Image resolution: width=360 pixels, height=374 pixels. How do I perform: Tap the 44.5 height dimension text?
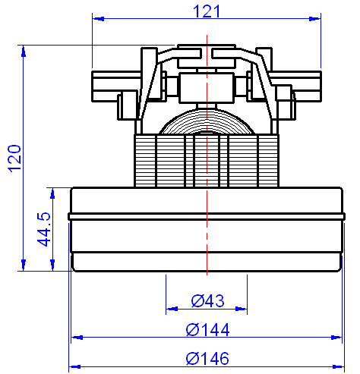pyautogui.click(x=44, y=228)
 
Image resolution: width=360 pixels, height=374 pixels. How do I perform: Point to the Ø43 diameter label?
pyautogui.click(x=207, y=301)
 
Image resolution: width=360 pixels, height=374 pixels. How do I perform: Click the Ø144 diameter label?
pyautogui.click(x=207, y=330)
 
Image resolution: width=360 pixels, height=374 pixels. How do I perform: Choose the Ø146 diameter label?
pyautogui.click(x=207, y=358)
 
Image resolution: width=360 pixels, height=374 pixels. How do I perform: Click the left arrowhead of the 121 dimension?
pyautogui.click(x=96, y=18)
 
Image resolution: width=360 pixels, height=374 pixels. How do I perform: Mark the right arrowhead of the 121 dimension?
pyautogui.click(x=317, y=18)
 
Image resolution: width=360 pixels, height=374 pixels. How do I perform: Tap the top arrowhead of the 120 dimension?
pyautogui.click(x=24, y=51)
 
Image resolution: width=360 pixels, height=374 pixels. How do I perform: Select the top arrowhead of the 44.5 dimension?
pyautogui.click(x=52, y=191)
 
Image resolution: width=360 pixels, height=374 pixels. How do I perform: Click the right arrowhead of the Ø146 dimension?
pyautogui.click(x=338, y=366)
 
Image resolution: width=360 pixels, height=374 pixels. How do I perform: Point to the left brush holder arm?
pyautogui.click(x=114, y=86)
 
